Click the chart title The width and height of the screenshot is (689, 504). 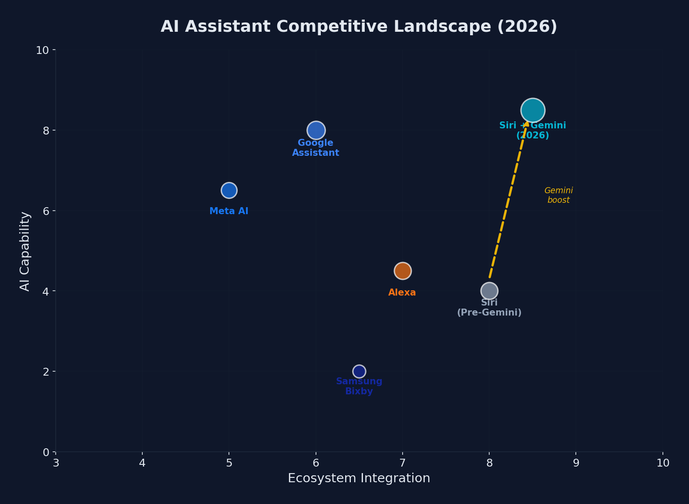pos(359,27)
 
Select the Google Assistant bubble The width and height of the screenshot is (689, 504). pos(316,130)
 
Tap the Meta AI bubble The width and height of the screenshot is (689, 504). pos(229,190)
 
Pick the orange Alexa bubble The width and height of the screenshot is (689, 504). pos(403,271)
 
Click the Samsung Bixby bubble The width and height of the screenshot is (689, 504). pos(359,371)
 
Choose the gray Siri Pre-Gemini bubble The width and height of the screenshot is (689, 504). pos(489,291)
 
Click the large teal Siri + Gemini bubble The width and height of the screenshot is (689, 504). pos(533,110)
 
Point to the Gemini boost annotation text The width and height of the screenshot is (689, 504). pos(558,195)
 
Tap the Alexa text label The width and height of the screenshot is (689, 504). pos(402,293)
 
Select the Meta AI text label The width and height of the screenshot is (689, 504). pos(229,212)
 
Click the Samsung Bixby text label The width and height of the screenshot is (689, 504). pos(359,386)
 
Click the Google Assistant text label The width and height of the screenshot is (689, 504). pos(316,148)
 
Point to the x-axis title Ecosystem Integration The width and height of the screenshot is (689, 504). pos(359,478)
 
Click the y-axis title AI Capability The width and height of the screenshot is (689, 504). pos(25,251)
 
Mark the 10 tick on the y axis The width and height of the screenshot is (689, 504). pos(42,50)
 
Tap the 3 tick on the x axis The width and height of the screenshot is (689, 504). pos(56,463)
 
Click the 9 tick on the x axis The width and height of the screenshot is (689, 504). pos(576,463)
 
